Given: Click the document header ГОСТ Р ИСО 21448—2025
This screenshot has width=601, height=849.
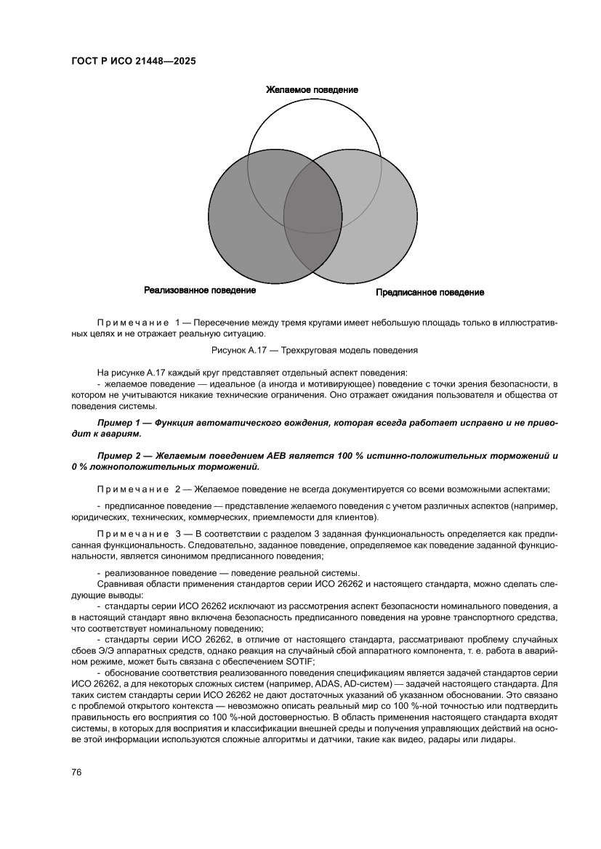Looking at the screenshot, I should tap(134, 62).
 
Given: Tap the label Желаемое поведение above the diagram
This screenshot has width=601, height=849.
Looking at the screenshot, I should tap(311, 89).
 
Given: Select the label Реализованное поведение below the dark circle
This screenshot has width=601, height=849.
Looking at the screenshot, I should tap(200, 291).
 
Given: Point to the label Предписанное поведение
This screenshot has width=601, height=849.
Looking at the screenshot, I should tap(429, 292).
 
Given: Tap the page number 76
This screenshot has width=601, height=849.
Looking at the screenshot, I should tap(76, 772).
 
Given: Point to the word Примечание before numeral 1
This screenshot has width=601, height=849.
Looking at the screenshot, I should tap(132, 322).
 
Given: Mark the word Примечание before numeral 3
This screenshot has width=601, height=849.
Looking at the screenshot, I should tap(132, 535).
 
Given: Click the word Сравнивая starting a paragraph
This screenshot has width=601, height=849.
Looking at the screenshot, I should tap(119, 583).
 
